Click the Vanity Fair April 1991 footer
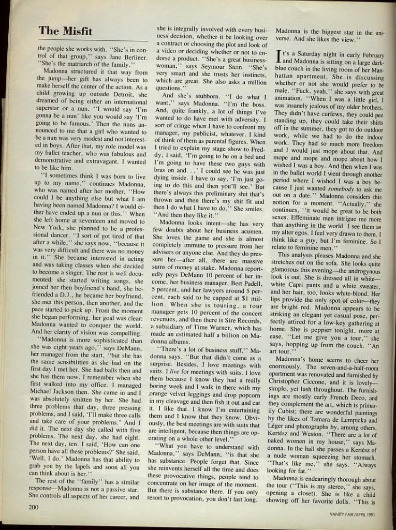pyautogui.click(x=356, y=514)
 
